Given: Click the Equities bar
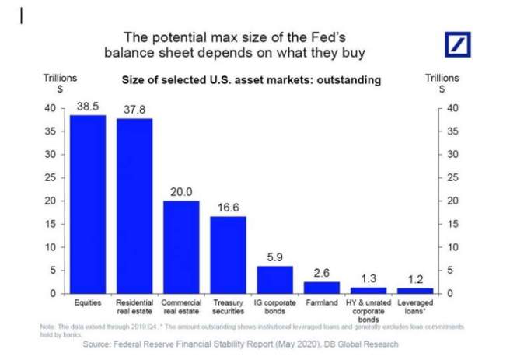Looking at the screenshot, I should (x=88, y=204).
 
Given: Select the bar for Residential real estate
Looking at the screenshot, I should (x=134, y=206).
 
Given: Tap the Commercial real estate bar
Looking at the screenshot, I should (x=181, y=247).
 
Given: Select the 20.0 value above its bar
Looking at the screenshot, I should (x=181, y=191).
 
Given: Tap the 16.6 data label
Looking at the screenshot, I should (x=228, y=208).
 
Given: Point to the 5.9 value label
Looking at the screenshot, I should (x=274, y=257).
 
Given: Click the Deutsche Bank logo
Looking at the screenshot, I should (x=459, y=44).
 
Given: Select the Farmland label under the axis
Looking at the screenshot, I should (x=321, y=300).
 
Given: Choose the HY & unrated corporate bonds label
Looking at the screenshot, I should (x=368, y=308).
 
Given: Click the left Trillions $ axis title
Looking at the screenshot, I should (x=59, y=83).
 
